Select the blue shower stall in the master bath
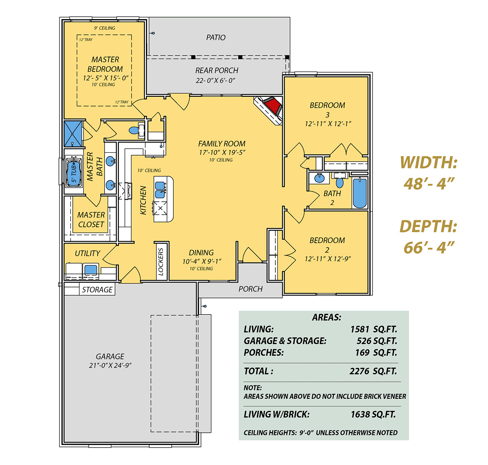pyautogui.click(x=73, y=133)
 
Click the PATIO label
pyautogui.click(x=216, y=37)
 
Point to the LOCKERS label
pyautogui.click(x=161, y=261)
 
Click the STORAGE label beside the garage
pyautogui.click(x=97, y=289)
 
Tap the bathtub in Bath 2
pyautogui.click(x=359, y=193)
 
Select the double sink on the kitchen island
pyautogui.click(x=160, y=190)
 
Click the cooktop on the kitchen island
pyautogui.click(x=160, y=208)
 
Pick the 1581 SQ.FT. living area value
pyautogui.click(x=373, y=329)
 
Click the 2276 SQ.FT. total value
pyautogui.click(x=373, y=371)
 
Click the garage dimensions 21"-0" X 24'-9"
pyautogui.click(x=110, y=365)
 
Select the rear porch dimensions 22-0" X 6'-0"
pyautogui.click(x=215, y=80)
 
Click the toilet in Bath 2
pyautogui.click(x=339, y=180)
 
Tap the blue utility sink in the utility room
pyautogui.click(x=91, y=269)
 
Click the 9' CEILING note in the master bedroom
pyautogui.click(x=105, y=28)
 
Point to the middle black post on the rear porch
pyautogui.click(x=240, y=57)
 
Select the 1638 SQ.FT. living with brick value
pyautogui.click(x=373, y=414)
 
